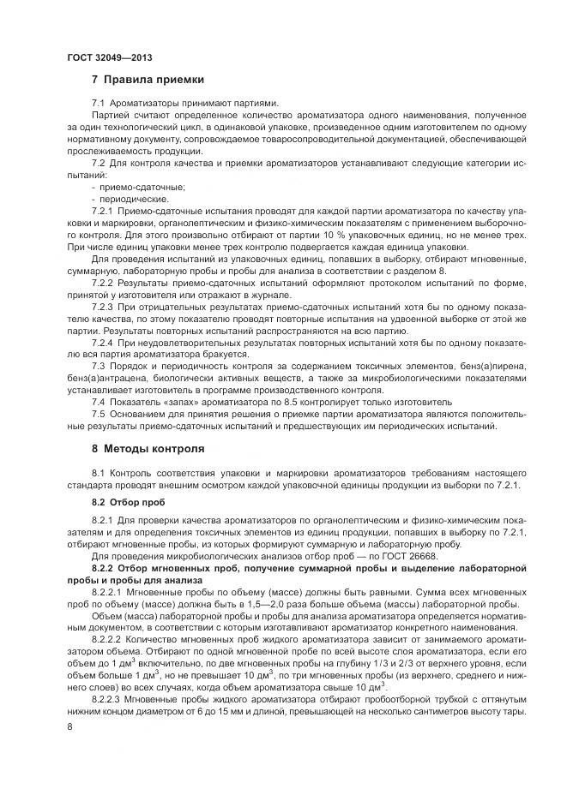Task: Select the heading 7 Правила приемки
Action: click(148, 81)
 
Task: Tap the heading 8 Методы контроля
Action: click(148, 448)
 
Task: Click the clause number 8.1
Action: click(99, 473)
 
